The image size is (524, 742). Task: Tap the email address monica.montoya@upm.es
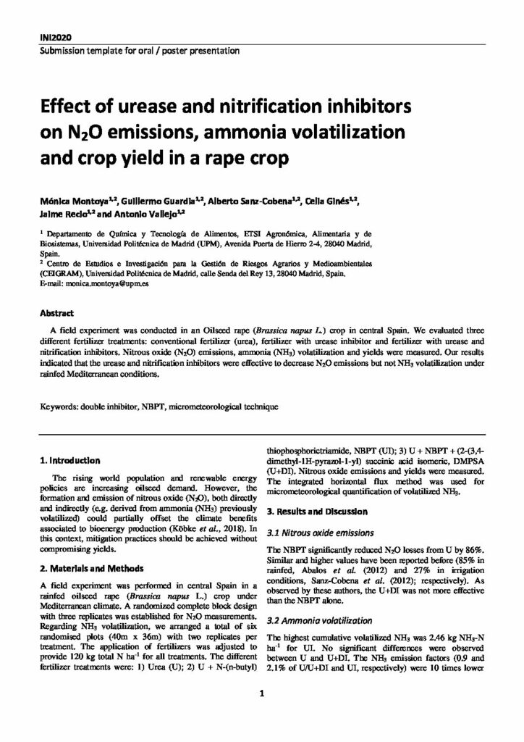[95, 286]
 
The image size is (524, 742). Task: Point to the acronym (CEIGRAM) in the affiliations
[60, 275]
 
